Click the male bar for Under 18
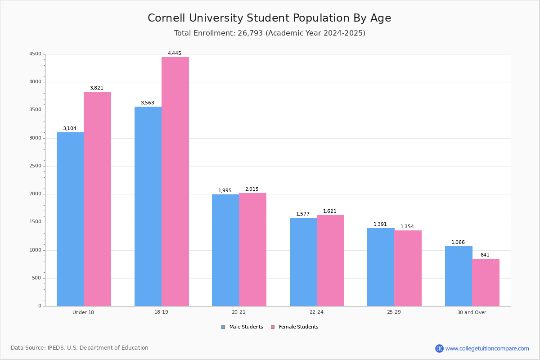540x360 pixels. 70,219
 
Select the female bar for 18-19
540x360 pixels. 175,181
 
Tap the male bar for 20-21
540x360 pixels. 225,250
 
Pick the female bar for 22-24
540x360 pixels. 330,261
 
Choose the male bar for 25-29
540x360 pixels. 381,267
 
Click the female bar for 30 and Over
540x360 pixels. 486,282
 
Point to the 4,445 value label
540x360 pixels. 175,54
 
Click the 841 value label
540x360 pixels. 485,255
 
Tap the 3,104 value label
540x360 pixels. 70,129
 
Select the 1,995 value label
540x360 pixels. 225,191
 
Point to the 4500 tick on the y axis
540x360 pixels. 35,54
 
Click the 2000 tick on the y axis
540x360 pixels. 35,194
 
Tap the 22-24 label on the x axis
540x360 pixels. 316,312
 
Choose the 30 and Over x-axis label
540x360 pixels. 472,312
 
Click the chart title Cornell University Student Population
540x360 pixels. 270,18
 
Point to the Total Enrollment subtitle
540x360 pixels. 270,33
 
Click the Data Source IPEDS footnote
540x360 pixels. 80,348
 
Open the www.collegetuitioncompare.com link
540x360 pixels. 487,348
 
